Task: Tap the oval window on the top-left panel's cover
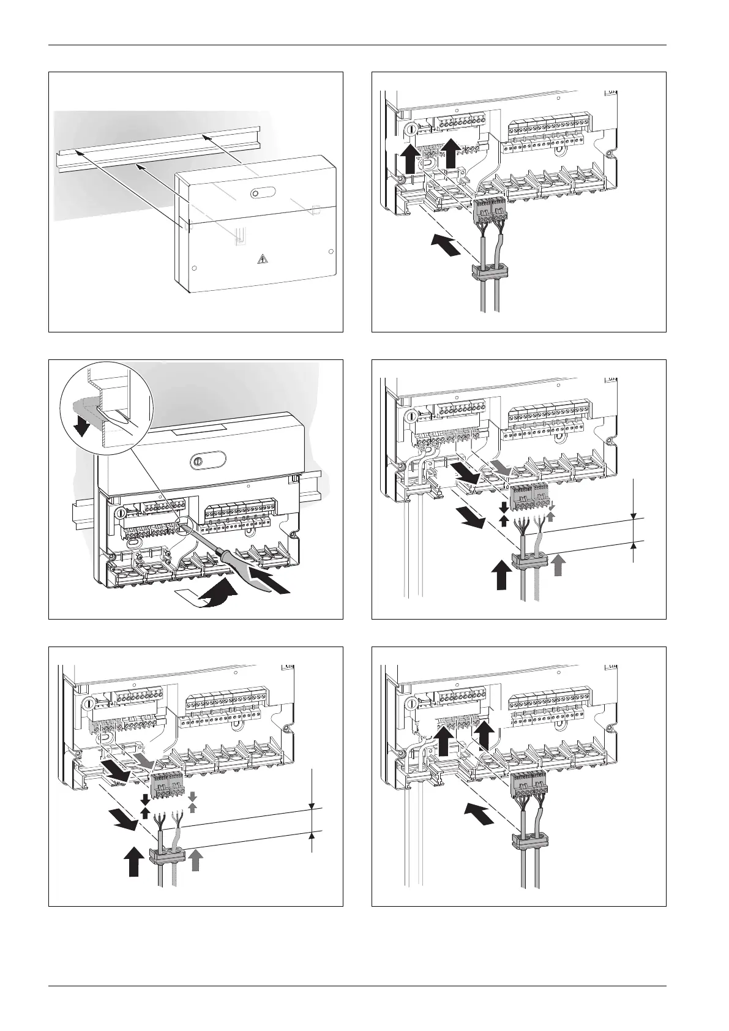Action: point(256,193)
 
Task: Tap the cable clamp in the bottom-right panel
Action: point(528,841)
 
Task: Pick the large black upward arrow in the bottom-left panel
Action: point(135,863)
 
